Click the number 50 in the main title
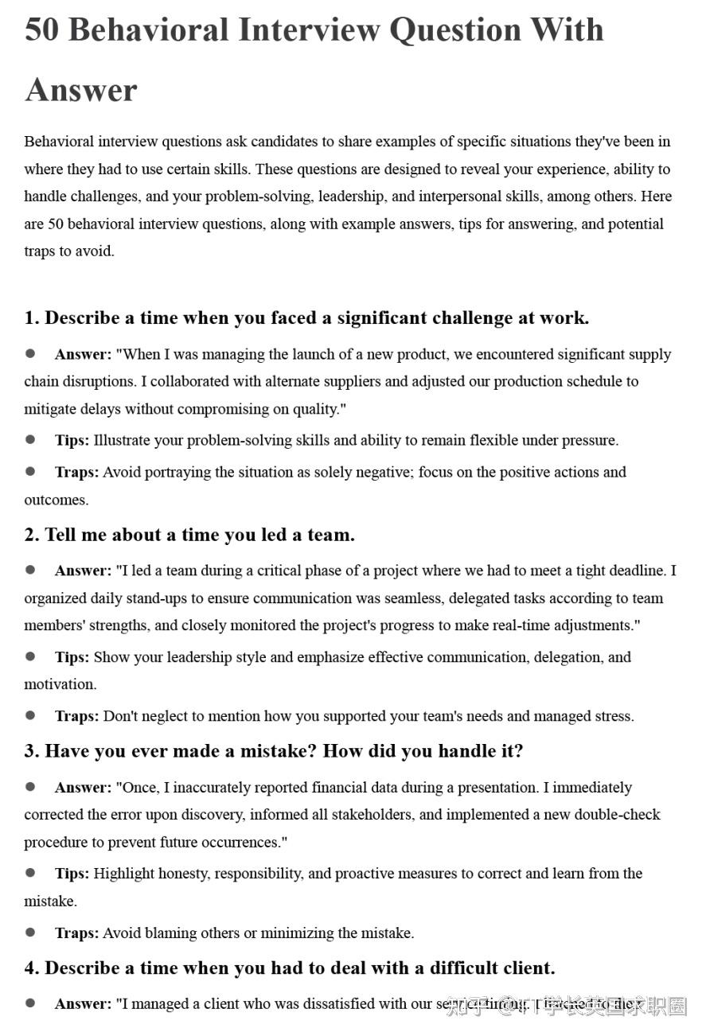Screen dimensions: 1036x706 point(41,30)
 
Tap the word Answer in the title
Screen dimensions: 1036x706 point(81,90)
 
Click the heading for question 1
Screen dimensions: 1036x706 point(306,317)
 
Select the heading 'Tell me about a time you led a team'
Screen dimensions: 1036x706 point(189,535)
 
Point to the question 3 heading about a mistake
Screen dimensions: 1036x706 point(273,751)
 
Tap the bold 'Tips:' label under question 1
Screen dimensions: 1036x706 point(72,440)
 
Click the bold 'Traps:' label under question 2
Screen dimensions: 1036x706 point(76,716)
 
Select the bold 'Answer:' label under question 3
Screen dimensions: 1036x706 point(83,788)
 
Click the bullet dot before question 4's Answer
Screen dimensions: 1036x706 point(30,1003)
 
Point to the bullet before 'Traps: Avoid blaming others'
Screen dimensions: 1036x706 point(30,932)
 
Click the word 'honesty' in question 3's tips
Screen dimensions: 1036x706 point(181,874)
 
